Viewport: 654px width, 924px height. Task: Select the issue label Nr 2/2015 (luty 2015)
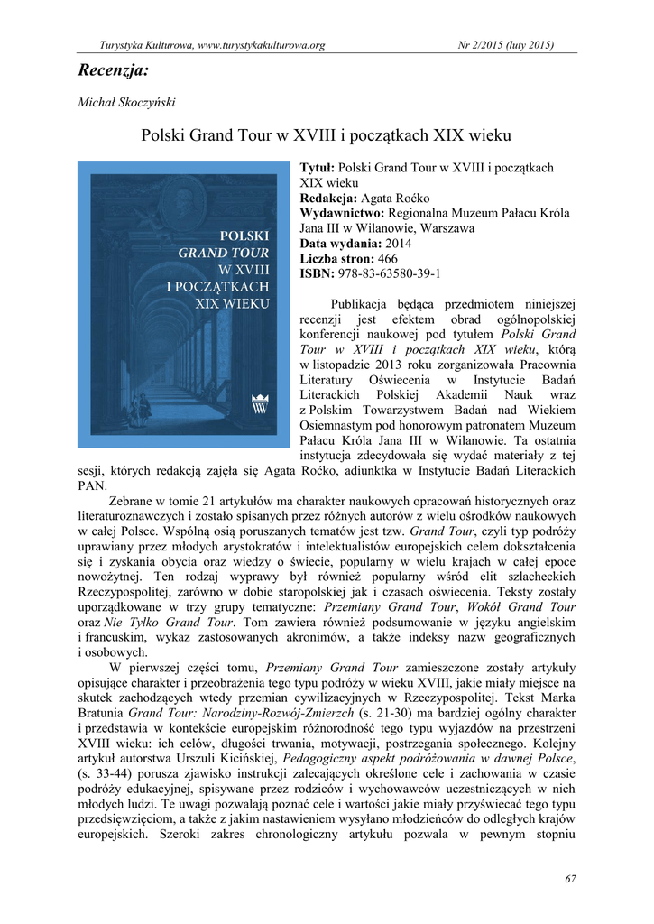(x=507, y=45)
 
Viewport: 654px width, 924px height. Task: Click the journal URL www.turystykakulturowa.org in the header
(x=262, y=45)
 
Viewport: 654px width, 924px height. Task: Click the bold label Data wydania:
(x=340, y=244)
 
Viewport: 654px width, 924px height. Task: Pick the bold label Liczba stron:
(x=337, y=258)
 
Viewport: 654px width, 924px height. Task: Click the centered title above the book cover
(x=327, y=136)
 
